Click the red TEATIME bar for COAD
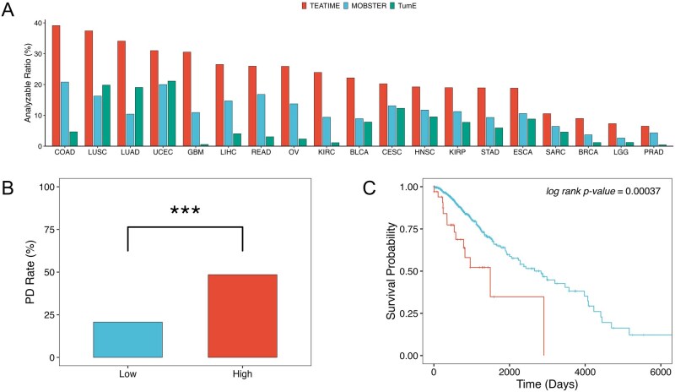click(x=56, y=85)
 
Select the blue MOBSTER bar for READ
click(x=261, y=120)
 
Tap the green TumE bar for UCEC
click(x=171, y=113)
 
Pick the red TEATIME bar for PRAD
click(x=645, y=136)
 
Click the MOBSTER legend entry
click(x=365, y=6)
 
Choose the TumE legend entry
click(x=403, y=6)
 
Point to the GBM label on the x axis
click(x=196, y=152)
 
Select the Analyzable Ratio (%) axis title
click(x=28, y=83)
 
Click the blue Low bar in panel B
click(x=128, y=340)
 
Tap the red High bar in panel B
click(x=242, y=316)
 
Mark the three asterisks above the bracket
click(x=185, y=210)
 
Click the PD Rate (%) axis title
click(x=30, y=272)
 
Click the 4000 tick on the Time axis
click(x=585, y=373)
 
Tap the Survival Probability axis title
click(x=391, y=271)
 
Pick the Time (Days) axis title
click(x=547, y=384)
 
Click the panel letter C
click(x=370, y=188)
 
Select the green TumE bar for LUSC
click(x=106, y=115)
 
